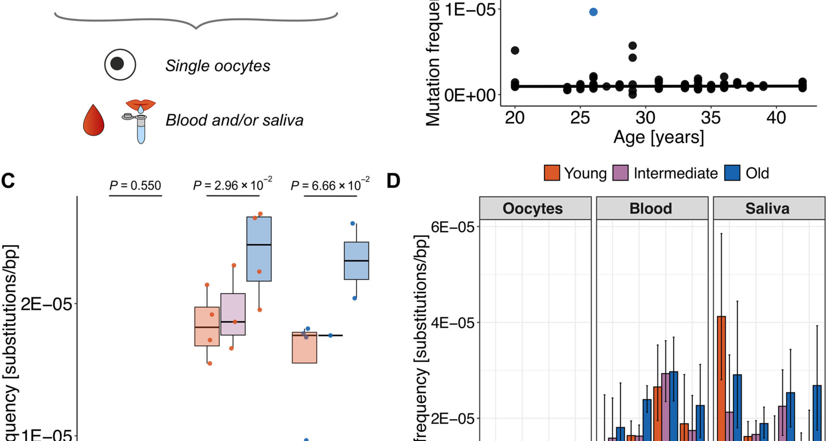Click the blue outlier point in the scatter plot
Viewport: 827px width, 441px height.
click(593, 12)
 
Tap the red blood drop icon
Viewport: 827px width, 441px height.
click(93, 120)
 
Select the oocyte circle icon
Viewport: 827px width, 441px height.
click(120, 64)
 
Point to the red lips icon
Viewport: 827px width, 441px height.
click(140, 104)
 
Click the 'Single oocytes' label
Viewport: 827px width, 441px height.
click(218, 66)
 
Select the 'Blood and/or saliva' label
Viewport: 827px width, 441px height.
click(234, 120)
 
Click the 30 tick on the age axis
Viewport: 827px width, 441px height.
click(645, 118)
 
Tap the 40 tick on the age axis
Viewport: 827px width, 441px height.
click(776, 118)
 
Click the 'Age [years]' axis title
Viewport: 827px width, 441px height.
click(659, 137)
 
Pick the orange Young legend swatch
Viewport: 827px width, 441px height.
click(552, 173)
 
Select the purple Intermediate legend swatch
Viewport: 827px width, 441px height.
click(620, 173)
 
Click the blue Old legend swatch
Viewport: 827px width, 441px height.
click(732, 173)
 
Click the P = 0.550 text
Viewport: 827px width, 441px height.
click(135, 186)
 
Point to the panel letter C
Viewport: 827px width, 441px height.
click(8, 181)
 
